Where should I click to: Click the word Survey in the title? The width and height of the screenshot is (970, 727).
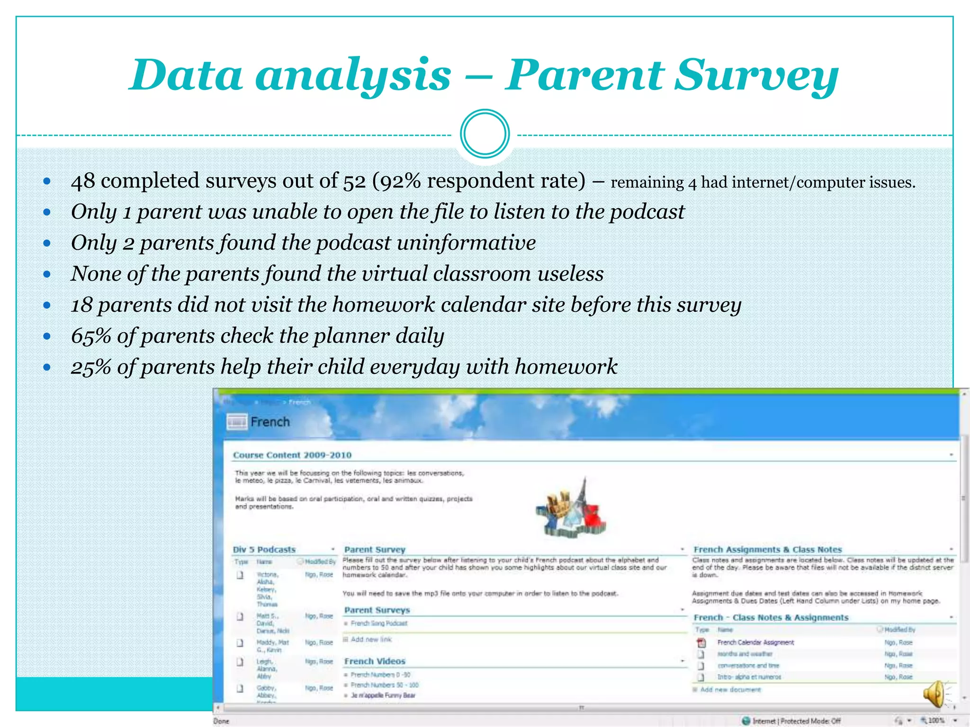point(756,76)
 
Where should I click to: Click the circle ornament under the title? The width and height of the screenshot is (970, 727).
point(485,134)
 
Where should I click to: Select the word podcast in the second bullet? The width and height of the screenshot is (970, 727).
point(647,212)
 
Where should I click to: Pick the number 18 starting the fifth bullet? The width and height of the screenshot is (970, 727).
point(81,305)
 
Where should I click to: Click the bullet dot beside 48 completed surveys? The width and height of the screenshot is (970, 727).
point(46,181)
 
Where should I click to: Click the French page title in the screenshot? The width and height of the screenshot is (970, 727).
point(270,422)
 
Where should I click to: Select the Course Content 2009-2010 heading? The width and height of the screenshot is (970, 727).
point(292,455)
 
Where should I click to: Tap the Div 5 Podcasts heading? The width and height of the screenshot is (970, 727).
point(264,550)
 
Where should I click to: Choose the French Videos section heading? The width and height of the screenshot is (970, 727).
point(375,661)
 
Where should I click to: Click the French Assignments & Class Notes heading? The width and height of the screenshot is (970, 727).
point(767,550)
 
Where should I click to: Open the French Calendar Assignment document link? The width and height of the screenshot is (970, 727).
point(755,642)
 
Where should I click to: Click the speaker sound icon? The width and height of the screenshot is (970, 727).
point(934,694)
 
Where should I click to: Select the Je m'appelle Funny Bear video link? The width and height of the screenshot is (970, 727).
point(383,695)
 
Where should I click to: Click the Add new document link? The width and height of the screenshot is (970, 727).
point(730,690)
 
